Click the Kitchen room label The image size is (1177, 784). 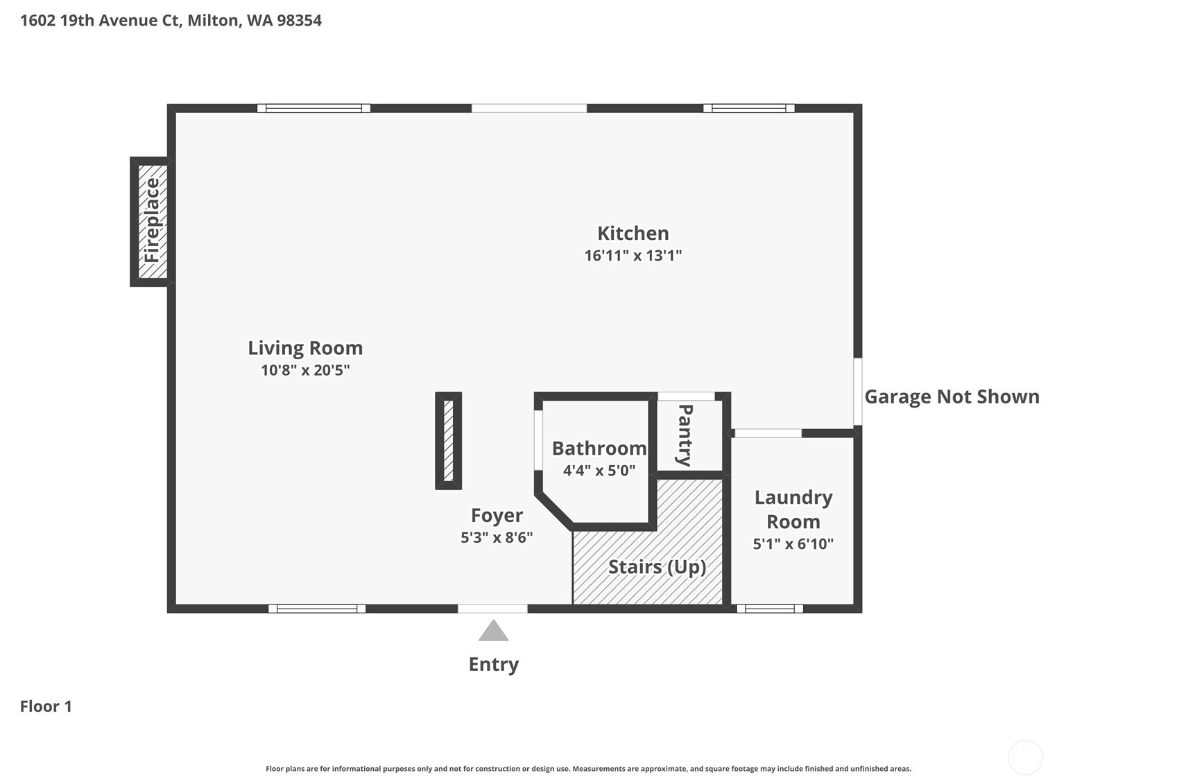(633, 233)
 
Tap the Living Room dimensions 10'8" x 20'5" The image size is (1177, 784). (305, 370)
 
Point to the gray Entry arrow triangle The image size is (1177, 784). (493, 631)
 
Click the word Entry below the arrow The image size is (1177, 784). (493, 664)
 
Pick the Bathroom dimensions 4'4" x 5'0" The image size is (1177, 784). (599, 471)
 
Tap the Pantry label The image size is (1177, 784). (685, 435)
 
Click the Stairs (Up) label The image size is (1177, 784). (657, 567)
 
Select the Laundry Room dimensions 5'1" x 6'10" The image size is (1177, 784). (793, 543)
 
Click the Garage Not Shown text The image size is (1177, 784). (952, 397)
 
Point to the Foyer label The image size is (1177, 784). (497, 515)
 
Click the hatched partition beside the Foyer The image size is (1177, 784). (448, 441)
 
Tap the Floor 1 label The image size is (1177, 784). (46, 706)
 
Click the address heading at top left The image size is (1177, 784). (171, 20)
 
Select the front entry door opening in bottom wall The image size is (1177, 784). (492, 609)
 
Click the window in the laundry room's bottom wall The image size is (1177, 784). (770, 609)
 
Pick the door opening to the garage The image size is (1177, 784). (858, 392)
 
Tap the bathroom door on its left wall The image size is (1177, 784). (538, 440)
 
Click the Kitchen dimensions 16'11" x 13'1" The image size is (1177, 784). (633, 255)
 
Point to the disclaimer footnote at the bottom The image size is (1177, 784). (588, 769)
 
